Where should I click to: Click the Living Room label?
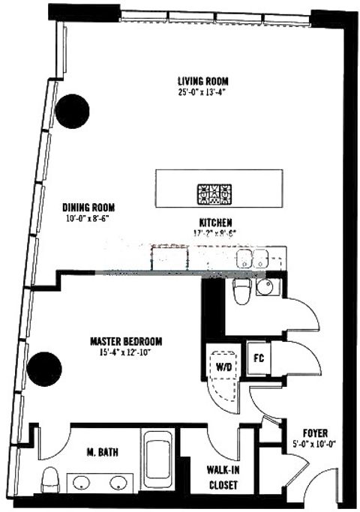click(x=202, y=81)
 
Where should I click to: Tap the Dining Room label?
click(x=90, y=209)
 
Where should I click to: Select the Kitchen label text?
click(x=214, y=222)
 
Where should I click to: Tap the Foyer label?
click(x=313, y=433)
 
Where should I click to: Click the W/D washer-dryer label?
click(x=223, y=367)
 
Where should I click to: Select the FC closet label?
click(x=257, y=358)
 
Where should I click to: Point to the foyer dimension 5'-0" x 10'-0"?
click(x=313, y=443)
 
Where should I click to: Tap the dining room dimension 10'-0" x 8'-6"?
click(x=90, y=220)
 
